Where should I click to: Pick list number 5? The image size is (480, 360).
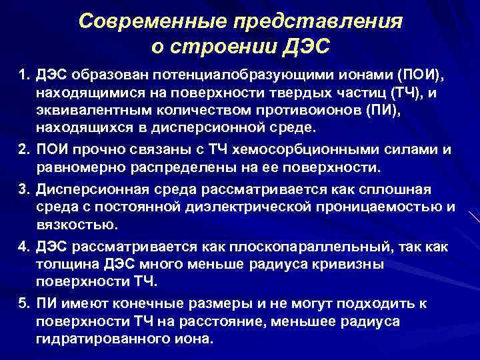[23, 303]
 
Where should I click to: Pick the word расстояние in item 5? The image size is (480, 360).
[221, 321]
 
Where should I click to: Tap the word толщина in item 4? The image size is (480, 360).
[66, 265]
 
